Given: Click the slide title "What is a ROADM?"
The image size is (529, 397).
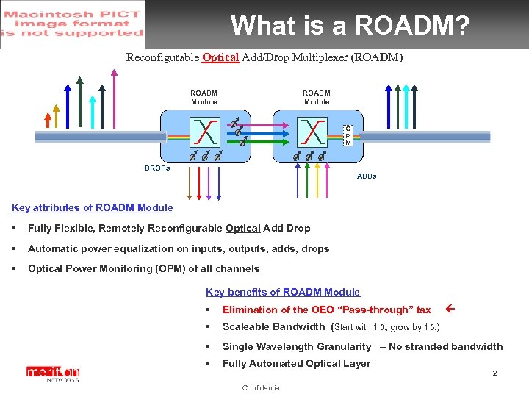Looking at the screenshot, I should pyautogui.click(x=350, y=26).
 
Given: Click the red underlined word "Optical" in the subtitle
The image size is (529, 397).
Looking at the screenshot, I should pyautogui.click(x=220, y=57).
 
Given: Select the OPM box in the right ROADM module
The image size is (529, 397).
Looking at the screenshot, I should pyautogui.click(x=348, y=135).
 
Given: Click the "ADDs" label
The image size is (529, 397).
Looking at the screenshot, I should pyautogui.click(x=367, y=176).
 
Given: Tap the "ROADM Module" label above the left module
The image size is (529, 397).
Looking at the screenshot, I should pyautogui.click(x=204, y=97).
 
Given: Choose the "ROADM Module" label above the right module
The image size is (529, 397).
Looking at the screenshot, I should pyautogui.click(x=317, y=97).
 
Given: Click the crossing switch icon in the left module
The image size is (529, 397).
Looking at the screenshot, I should pyautogui.click(x=202, y=133).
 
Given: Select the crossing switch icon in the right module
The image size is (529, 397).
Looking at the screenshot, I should pyautogui.click(x=314, y=133).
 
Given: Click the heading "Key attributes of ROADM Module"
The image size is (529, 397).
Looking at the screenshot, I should pyautogui.click(x=93, y=208).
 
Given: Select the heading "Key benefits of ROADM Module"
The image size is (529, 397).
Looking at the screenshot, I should pyautogui.click(x=283, y=292).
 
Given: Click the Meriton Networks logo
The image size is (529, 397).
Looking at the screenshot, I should pyautogui.click(x=53, y=374).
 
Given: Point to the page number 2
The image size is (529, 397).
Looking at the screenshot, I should pyautogui.click(x=494, y=373).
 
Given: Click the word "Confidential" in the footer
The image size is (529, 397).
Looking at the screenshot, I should pyautogui.click(x=262, y=387).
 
